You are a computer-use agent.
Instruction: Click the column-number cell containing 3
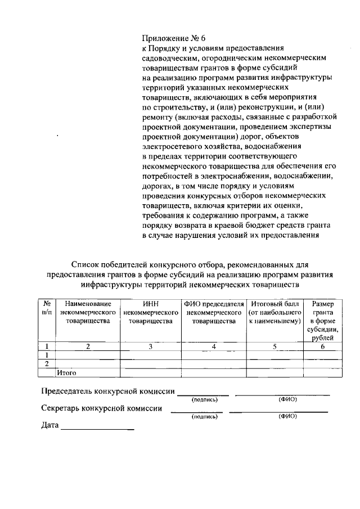click(150, 346)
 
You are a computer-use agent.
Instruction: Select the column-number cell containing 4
click(213, 346)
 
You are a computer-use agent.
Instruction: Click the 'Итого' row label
click(66, 372)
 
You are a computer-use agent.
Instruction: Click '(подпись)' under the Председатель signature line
click(204, 400)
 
